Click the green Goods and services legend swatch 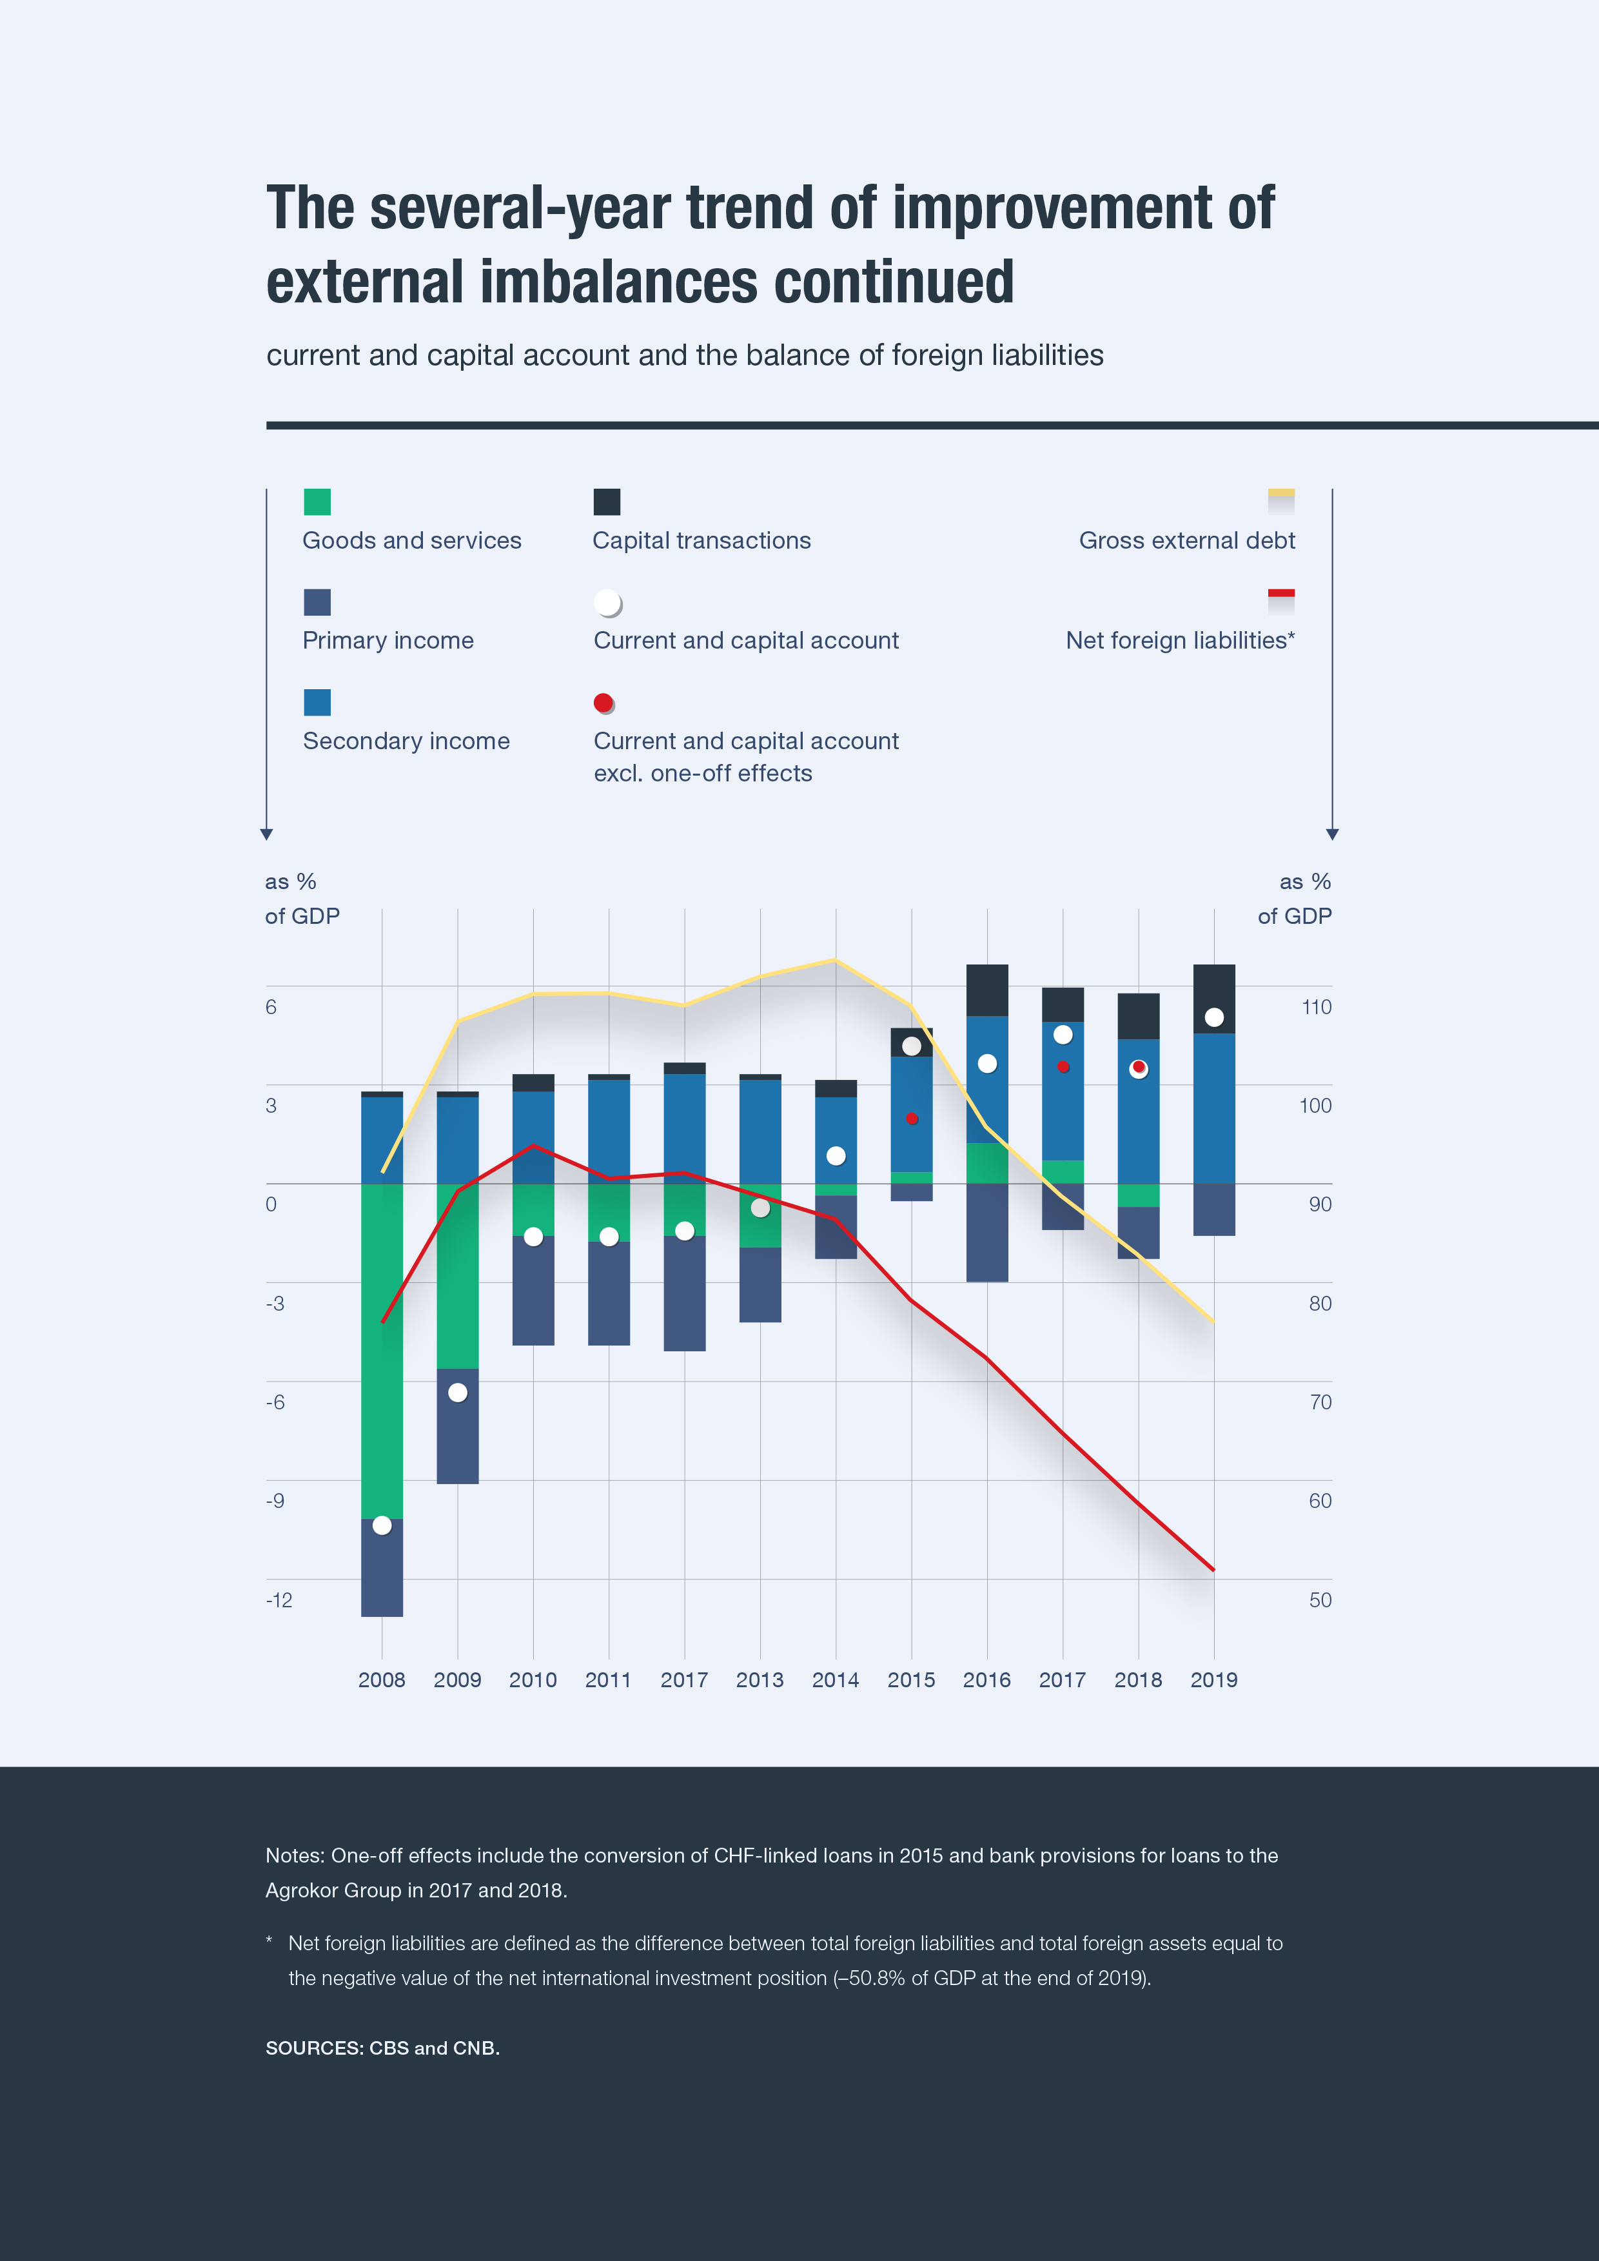point(317,502)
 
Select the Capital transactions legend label point(701,541)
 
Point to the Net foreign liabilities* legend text point(1179,641)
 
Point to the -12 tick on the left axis point(279,1600)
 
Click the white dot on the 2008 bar point(382,1525)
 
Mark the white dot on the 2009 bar point(458,1393)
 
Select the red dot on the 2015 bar point(912,1119)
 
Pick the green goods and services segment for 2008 point(382,1349)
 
